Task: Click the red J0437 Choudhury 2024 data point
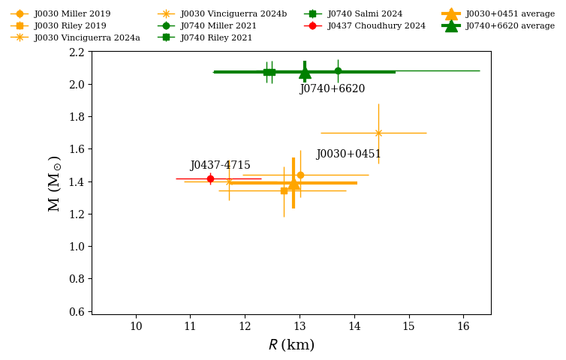210,178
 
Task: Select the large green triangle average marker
305,73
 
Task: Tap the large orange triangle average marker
294,184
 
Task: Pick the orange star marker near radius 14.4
378,133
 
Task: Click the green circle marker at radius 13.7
338,71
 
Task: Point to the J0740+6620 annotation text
332,89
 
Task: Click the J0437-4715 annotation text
220,166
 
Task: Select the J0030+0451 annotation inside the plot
348,154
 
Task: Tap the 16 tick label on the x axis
462,327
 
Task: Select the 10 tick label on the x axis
136,327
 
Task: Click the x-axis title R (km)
291,346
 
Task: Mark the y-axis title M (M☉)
55,183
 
